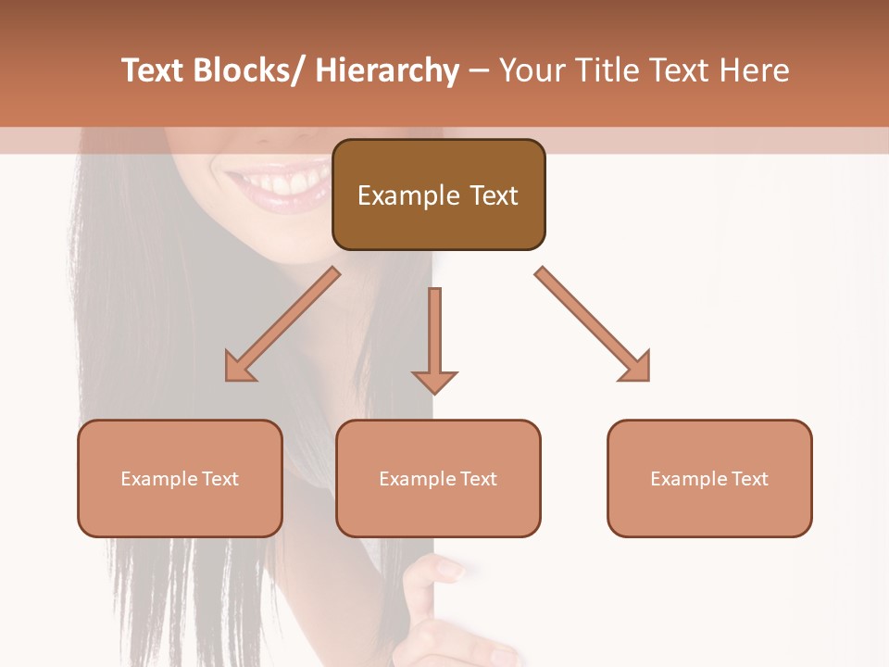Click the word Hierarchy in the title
tap(386, 71)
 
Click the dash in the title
tap(479, 71)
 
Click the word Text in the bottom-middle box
tap(476, 479)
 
